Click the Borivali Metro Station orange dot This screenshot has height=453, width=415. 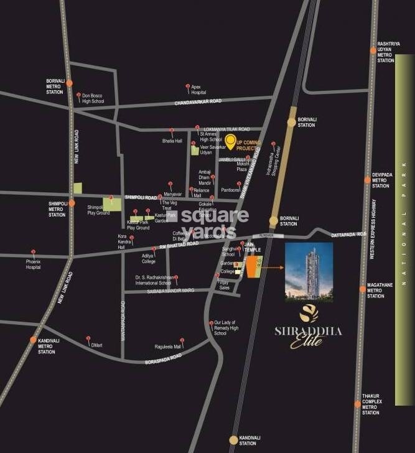click(69, 83)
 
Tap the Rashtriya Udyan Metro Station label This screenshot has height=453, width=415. click(386, 52)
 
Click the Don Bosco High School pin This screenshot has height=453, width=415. click(79, 96)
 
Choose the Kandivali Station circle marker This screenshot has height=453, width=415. click(233, 440)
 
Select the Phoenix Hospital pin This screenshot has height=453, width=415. click(33, 253)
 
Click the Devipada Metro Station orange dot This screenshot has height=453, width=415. click(368, 180)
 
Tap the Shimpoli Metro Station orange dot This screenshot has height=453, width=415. click(72, 203)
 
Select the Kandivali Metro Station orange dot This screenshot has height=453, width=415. click(34, 340)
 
